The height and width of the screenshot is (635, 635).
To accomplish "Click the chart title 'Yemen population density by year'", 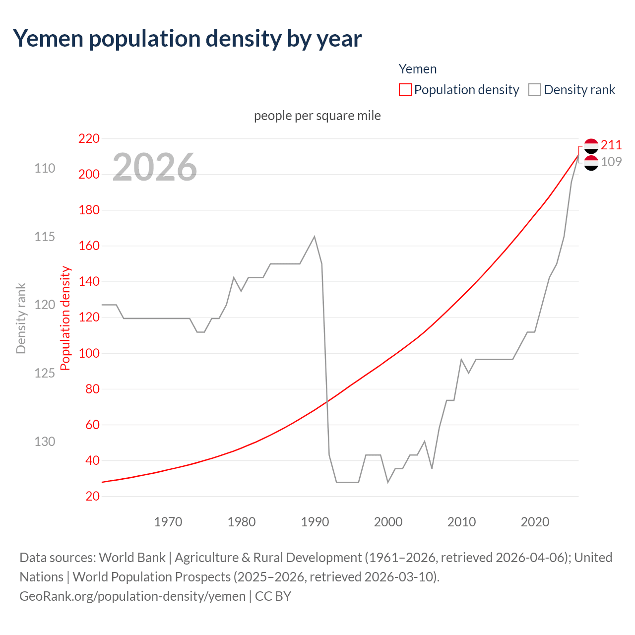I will click(187, 39).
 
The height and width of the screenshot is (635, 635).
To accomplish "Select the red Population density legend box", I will click(405, 90).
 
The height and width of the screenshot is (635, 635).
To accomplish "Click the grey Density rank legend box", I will click(534, 90).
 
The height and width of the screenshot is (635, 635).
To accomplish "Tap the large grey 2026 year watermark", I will click(155, 167).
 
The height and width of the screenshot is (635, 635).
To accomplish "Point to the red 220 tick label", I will click(89, 138).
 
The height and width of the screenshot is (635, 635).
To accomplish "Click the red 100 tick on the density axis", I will click(89, 353).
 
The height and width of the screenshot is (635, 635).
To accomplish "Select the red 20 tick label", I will click(92, 496).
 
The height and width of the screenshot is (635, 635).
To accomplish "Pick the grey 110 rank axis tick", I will click(45, 168).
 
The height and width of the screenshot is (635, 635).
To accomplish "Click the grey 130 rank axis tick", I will click(45, 442).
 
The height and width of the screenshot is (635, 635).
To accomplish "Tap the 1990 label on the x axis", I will click(315, 522).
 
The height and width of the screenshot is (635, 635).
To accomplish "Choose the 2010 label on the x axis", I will click(461, 522).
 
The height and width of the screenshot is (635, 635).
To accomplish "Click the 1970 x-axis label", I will click(168, 522).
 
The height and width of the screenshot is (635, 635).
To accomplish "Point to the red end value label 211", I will click(611, 145).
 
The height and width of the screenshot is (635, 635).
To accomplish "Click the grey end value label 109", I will click(611, 162).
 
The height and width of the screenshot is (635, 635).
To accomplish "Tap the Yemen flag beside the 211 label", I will click(591, 145).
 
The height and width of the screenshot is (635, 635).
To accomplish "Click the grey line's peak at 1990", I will click(315, 237).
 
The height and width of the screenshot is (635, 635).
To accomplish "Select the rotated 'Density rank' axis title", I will click(21, 318).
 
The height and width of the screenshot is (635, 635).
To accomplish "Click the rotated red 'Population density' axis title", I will click(65, 318).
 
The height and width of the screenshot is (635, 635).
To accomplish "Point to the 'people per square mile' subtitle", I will click(317, 116).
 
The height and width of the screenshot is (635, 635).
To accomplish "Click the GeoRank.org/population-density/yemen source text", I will click(132, 596).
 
